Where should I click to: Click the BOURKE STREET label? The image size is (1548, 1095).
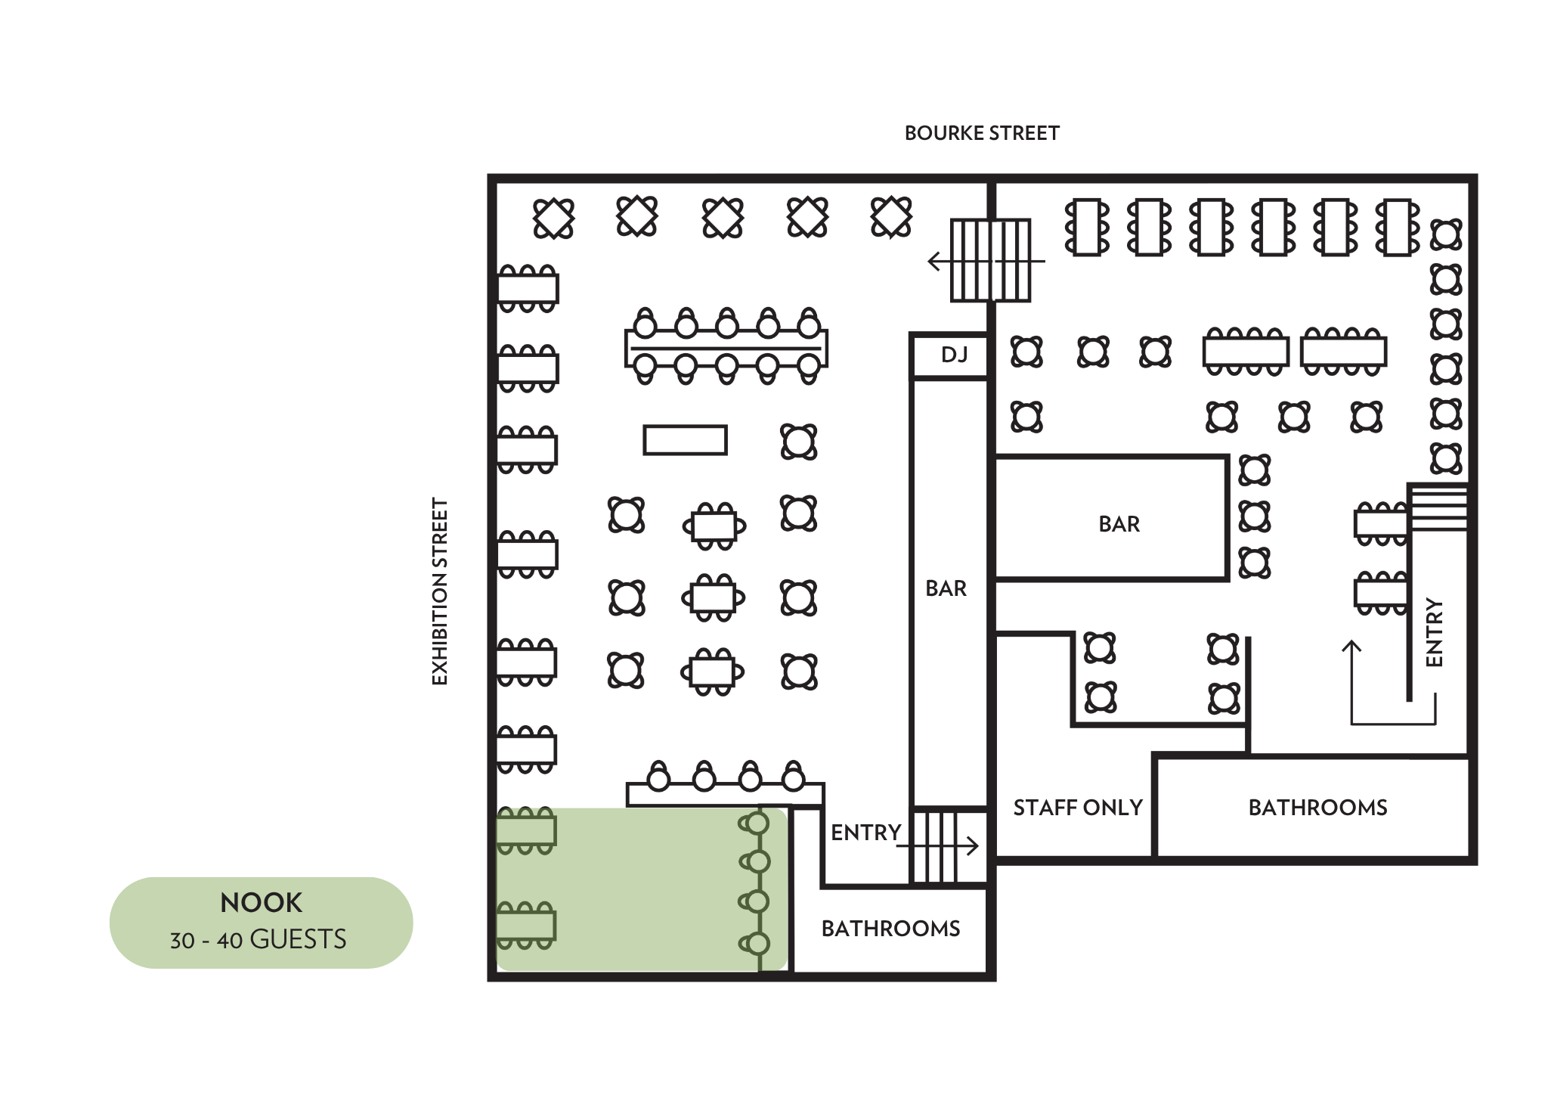[981, 133]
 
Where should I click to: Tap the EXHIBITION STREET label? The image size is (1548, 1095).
[440, 591]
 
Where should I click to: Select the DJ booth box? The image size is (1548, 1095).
[951, 355]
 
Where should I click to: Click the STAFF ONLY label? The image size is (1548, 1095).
[1077, 808]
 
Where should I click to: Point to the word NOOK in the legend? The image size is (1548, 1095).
[261, 902]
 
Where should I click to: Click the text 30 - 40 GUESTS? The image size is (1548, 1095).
[259, 939]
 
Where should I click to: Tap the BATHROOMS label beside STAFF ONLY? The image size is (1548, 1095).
[1317, 808]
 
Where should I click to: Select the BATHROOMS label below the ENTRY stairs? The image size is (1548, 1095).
[890, 929]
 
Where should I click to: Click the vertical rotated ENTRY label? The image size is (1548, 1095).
[1434, 632]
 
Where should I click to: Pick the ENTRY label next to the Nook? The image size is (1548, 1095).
[865, 833]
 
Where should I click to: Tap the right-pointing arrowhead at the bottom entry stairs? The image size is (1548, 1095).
[975, 845]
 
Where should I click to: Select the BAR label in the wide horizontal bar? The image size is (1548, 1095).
[1119, 524]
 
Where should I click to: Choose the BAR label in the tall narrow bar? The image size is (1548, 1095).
[946, 588]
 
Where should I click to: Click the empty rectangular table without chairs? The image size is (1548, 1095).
[685, 439]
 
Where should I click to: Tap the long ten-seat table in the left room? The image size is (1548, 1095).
[726, 347]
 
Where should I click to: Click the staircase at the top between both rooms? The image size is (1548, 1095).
[990, 260]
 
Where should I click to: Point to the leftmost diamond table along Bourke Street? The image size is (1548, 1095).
[553, 219]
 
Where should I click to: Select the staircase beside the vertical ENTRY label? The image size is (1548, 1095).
[1438, 507]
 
